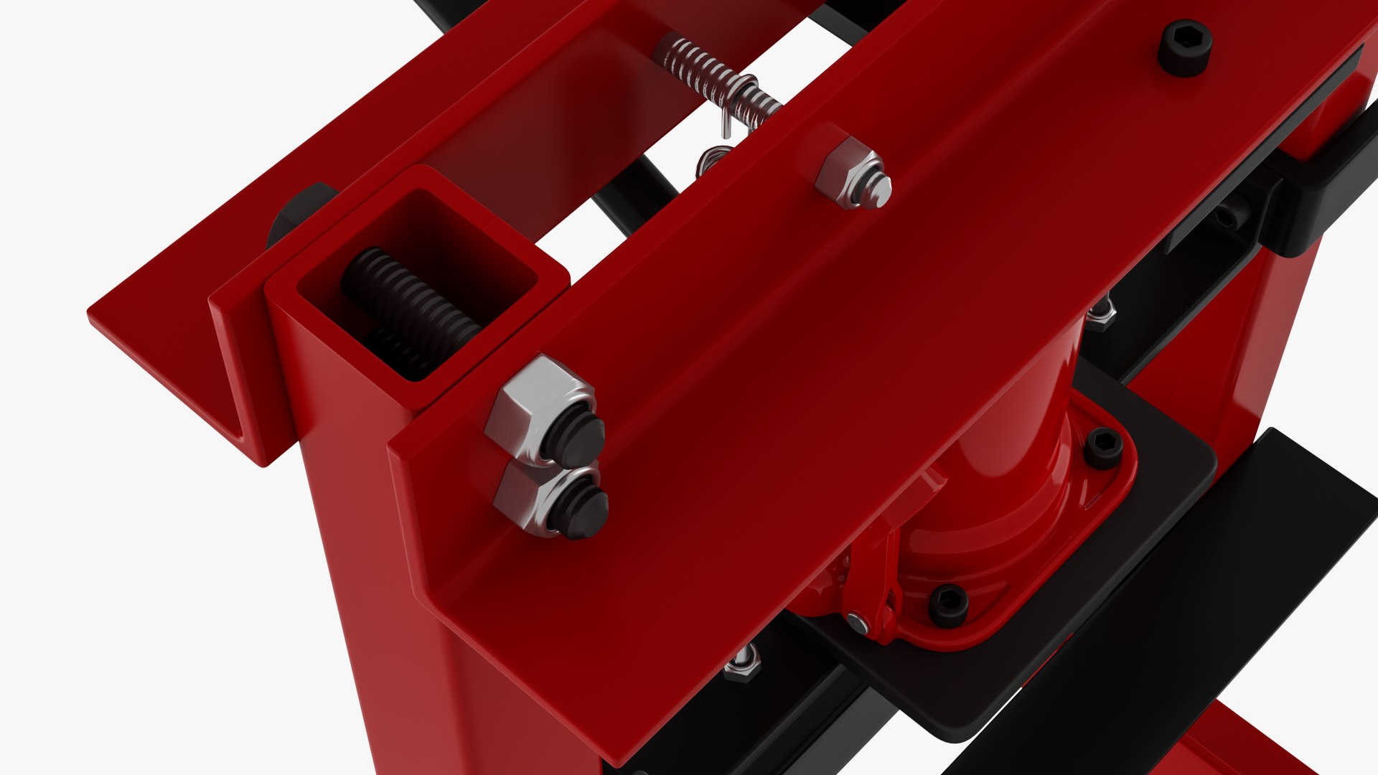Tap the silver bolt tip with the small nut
[x=877, y=190]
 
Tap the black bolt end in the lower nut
[x=583, y=511]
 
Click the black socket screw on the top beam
[x=1185, y=47]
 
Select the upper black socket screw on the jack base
[x=1103, y=448]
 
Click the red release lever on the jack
[x=872, y=581]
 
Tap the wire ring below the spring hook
[x=712, y=159]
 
